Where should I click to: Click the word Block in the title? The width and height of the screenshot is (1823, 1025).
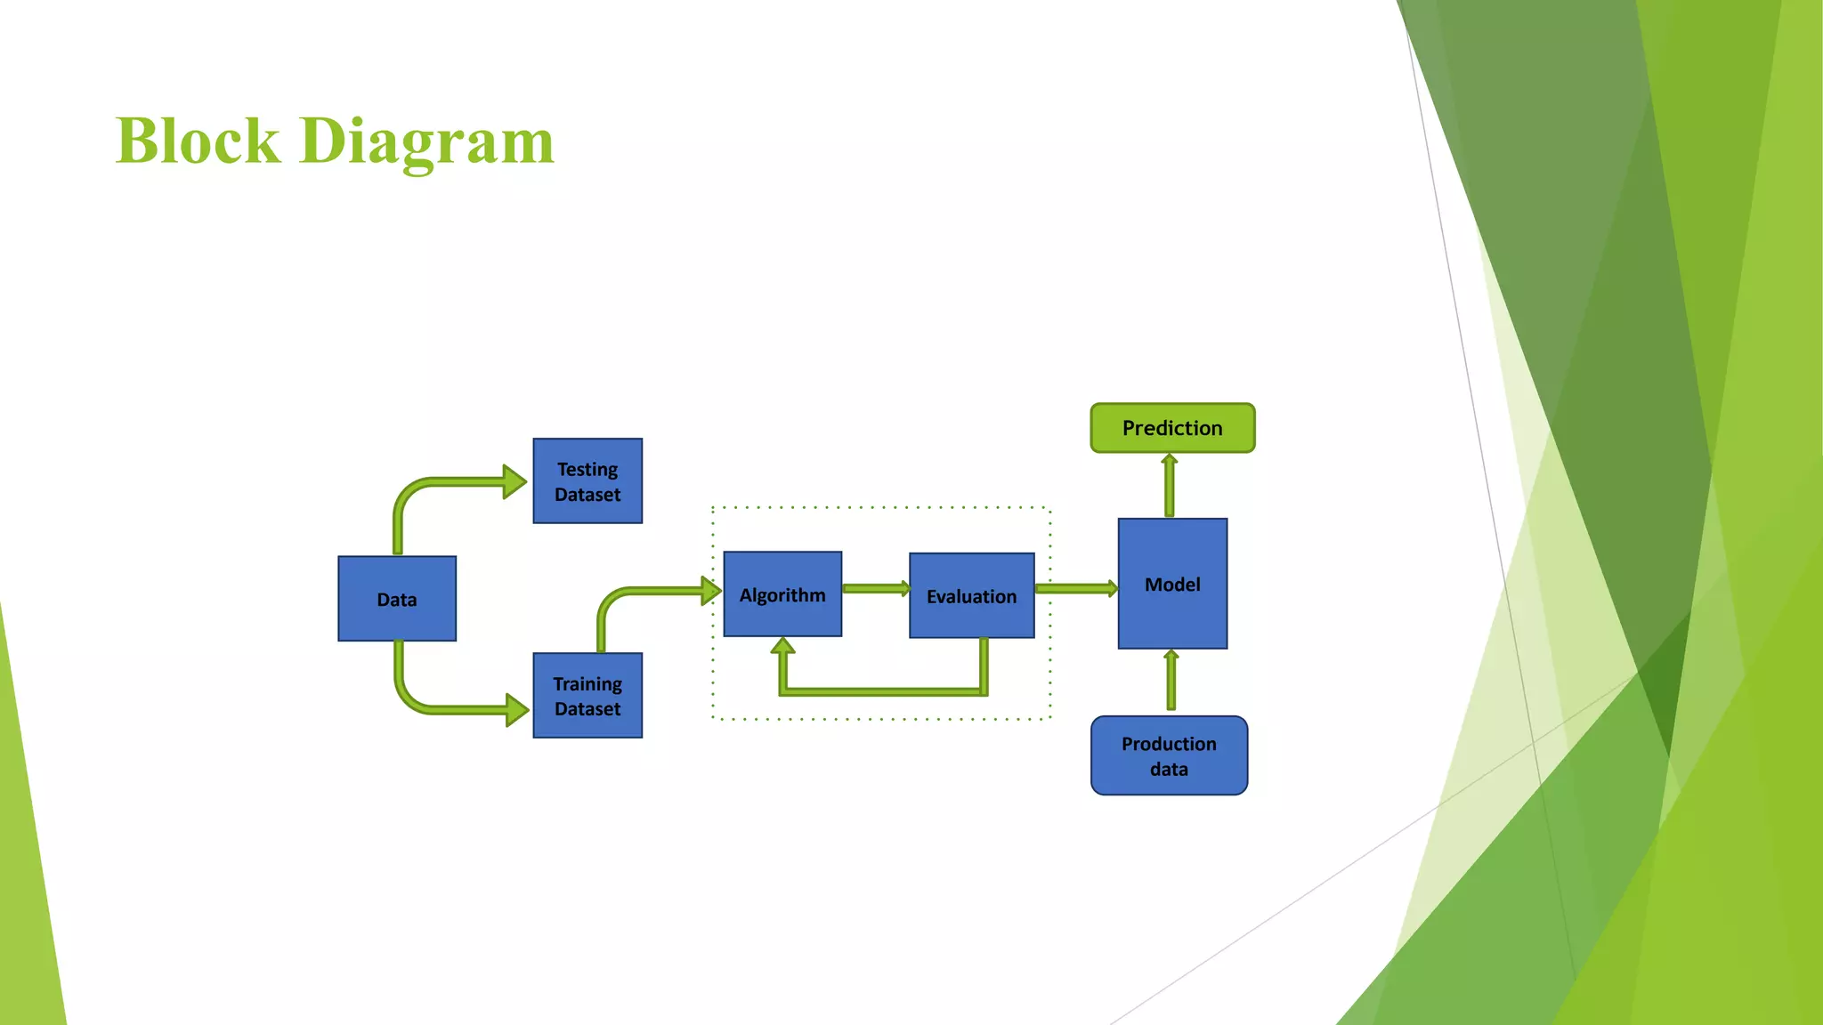coord(198,141)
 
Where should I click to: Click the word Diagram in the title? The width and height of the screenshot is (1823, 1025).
coord(427,142)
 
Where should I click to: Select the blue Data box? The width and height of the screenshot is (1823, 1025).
coord(397,599)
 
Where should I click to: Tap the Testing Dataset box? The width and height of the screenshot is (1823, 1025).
coord(587,481)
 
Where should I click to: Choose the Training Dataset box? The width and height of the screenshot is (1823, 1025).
coord(587,696)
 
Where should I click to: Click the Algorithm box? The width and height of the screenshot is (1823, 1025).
coord(782,594)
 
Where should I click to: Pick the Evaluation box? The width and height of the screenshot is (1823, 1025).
coord(971,596)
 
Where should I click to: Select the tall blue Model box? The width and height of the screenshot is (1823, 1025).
coord(1172,584)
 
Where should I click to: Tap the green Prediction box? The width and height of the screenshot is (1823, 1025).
coord(1172,428)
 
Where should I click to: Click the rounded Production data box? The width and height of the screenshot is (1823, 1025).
coord(1169,755)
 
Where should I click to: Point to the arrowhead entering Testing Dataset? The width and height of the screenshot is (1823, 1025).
coord(514,481)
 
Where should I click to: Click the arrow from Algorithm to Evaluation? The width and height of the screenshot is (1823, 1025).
coord(875,588)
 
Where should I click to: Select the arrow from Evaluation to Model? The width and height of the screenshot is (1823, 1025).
coord(1075,588)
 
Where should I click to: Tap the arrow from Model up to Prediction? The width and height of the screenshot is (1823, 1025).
coord(1170,486)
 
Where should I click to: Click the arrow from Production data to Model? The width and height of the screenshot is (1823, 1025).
coord(1171,681)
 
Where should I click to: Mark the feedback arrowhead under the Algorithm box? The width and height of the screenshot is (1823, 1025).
coord(782,647)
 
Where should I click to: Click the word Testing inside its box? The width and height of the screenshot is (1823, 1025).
coord(587,469)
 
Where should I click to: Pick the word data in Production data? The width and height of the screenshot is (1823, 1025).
coord(1169,769)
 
